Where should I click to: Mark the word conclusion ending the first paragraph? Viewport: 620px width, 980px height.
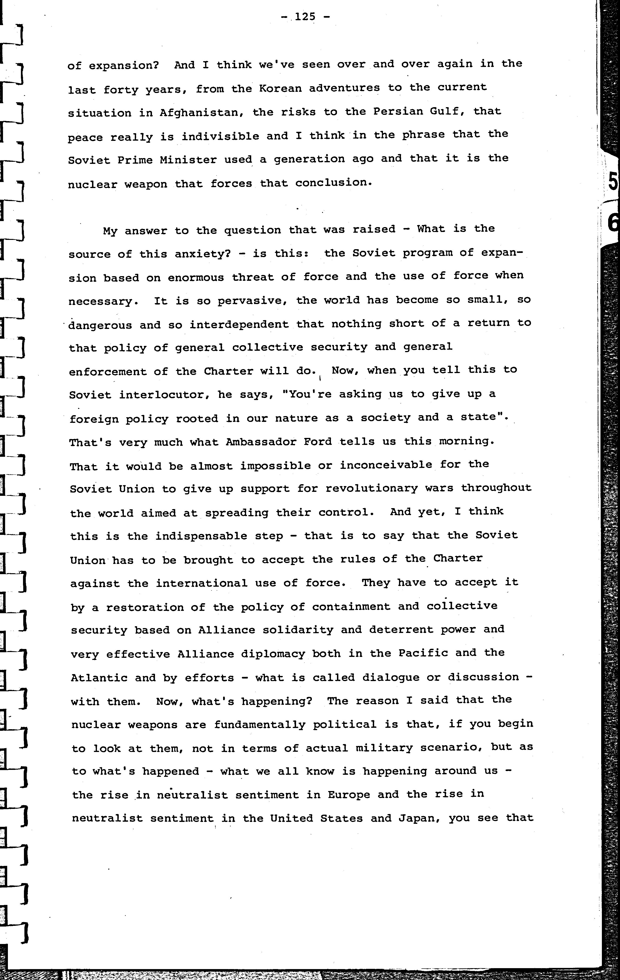coord(333,183)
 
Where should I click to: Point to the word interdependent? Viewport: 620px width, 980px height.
coord(239,324)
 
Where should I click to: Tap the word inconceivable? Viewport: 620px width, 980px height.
coord(386,464)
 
